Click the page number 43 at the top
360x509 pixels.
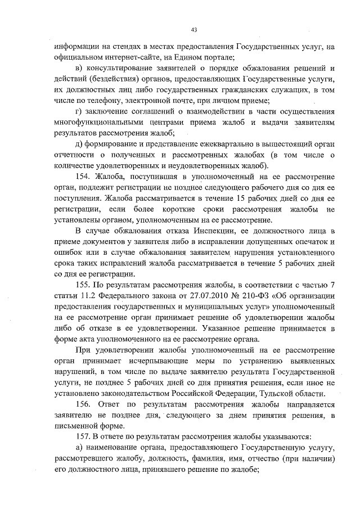(194, 29)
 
